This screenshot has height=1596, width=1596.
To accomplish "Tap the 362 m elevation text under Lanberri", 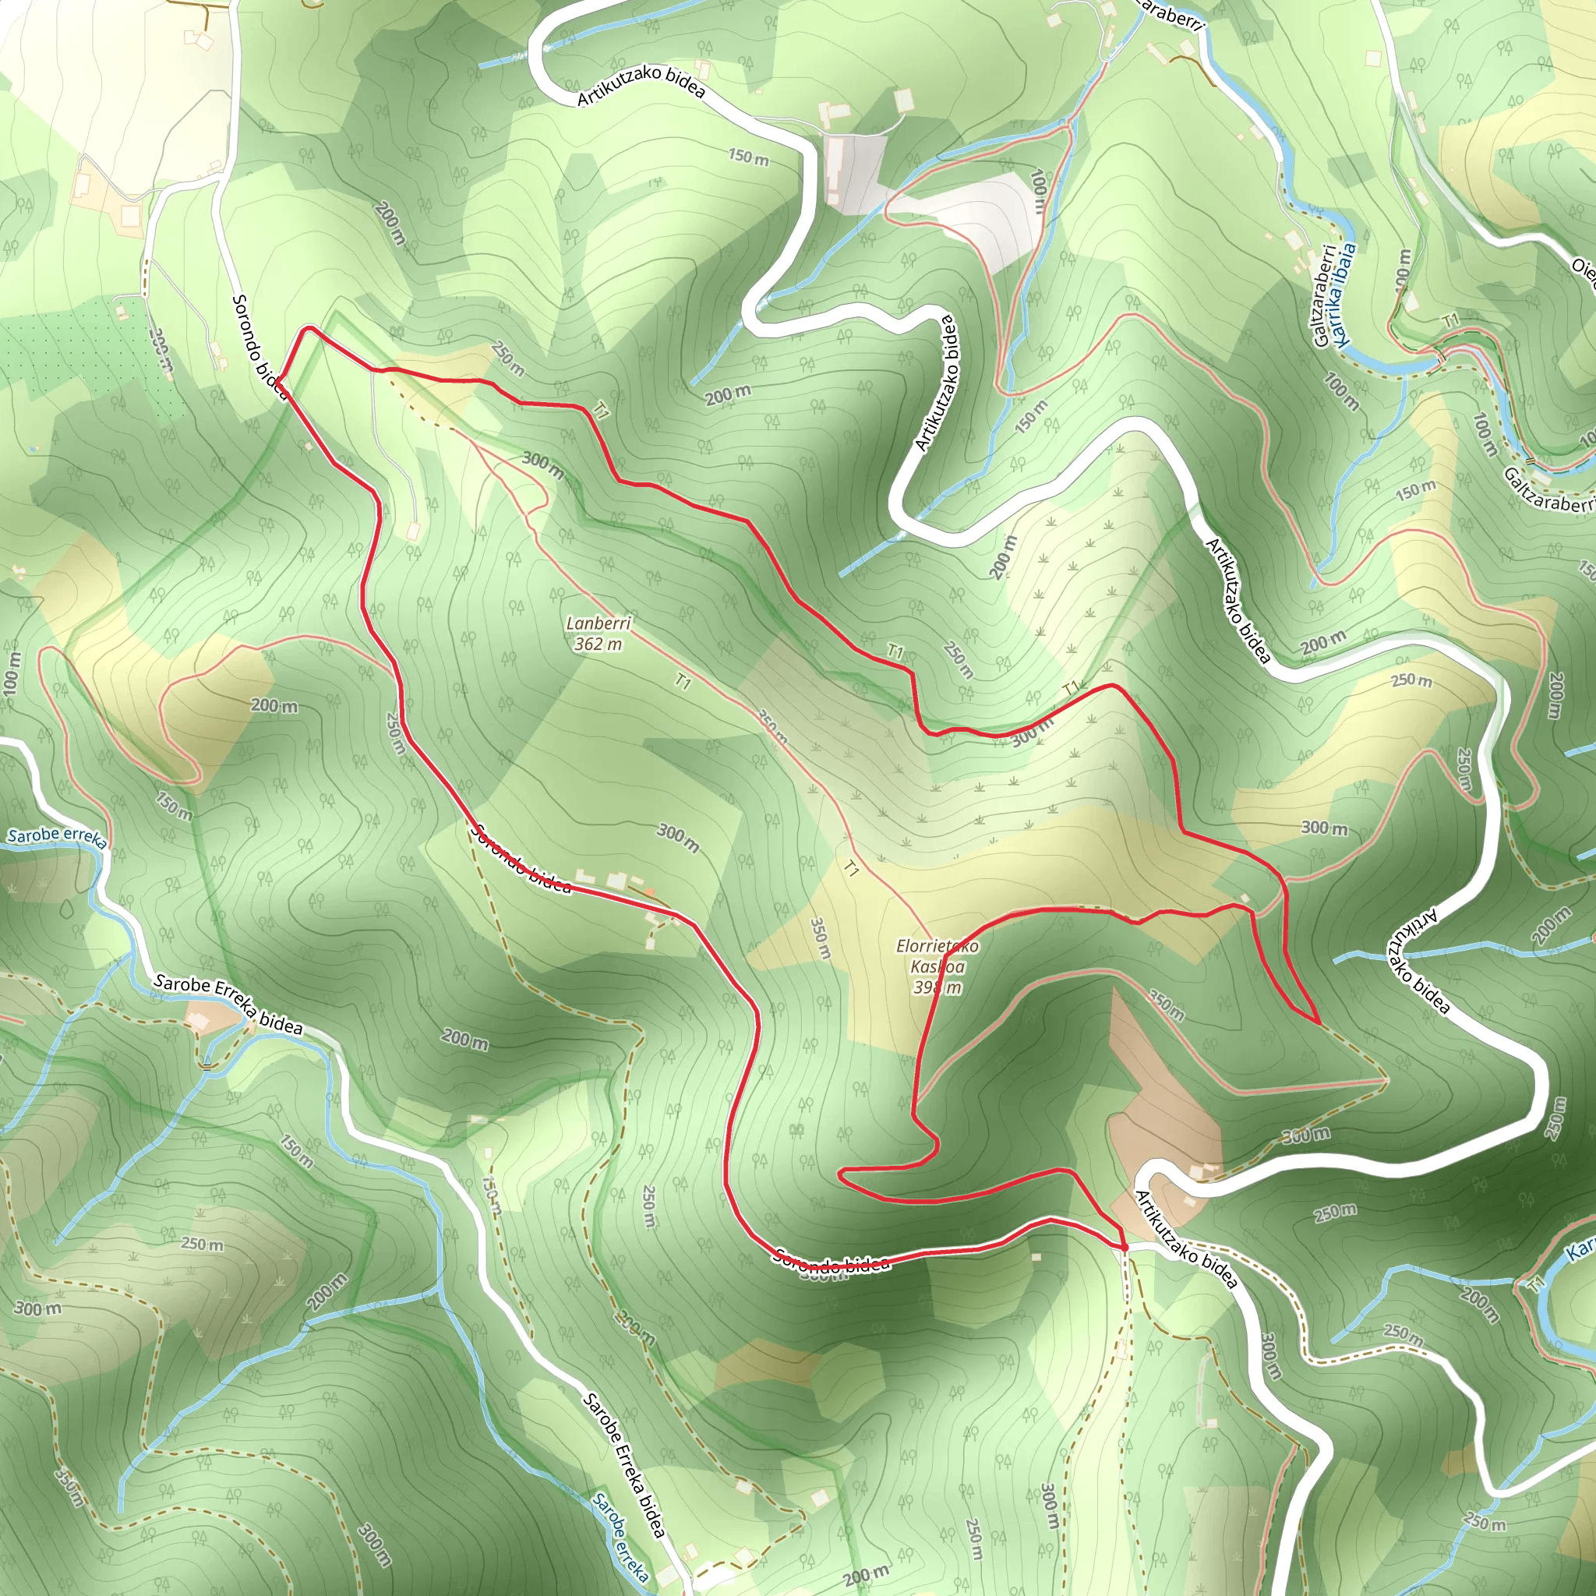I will pyautogui.click(x=598, y=644).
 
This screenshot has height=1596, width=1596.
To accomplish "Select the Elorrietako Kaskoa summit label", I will pyautogui.click(x=937, y=955).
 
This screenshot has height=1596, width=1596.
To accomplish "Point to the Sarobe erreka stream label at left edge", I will pyautogui.click(x=56, y=836).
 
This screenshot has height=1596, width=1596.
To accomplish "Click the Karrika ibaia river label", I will pyautogui.click(x=1344, y=293).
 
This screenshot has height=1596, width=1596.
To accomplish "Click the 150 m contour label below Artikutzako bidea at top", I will pyautogui.click(x=748, y=156).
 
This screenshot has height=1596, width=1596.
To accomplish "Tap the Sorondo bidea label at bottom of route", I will pyautogui.click(x=832, y=1261).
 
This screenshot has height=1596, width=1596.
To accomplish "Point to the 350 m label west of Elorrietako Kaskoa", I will pyautogui.click(x=820, y=937).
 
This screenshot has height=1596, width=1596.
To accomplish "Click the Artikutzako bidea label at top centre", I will pyautogui.click(x=641, y=86).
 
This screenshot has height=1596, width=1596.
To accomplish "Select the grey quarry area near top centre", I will pyautogui.click(x=855, y=171).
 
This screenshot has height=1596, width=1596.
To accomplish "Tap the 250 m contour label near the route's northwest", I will pyautogui.click(x=507, y=357).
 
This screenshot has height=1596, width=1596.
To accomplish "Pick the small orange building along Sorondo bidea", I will pyautogui.click(x=650, y=892).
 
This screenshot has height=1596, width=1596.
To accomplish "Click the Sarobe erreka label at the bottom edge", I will pyautogui.click(x=620, y=1538).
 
